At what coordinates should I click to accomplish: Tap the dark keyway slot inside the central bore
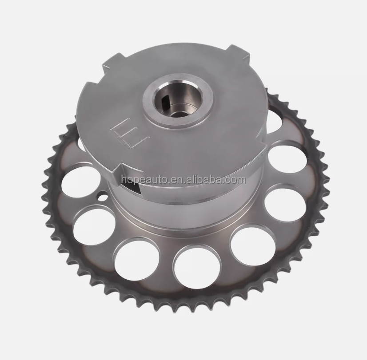pyautogui.click(x=165, y=100)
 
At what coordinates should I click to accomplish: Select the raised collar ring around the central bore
pyautogui.click(x=178, y=103)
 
